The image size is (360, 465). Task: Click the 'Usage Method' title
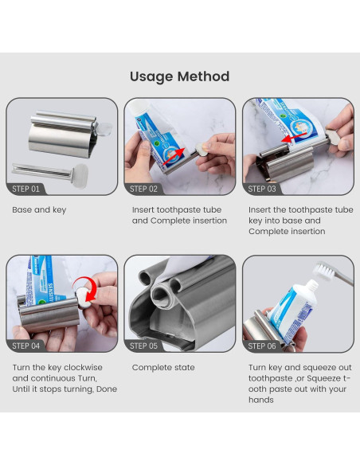180,76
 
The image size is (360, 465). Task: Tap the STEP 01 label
25,189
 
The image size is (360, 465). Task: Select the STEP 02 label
143,189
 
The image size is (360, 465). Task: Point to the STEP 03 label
262,189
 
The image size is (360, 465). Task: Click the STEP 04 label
25,346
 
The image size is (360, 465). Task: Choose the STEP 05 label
143,346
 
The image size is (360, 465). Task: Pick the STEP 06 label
262,346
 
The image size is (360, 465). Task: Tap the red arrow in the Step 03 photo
294,137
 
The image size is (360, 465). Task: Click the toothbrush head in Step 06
324,270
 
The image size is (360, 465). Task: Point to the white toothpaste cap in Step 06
311,285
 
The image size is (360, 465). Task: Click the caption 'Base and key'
39,210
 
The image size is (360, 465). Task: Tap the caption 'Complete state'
163,367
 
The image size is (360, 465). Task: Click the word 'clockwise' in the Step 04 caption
83,367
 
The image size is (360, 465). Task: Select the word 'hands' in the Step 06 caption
261,400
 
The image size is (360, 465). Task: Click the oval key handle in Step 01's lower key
80,175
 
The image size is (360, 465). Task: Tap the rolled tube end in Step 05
162,295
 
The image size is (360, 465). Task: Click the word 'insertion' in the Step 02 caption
210,221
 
